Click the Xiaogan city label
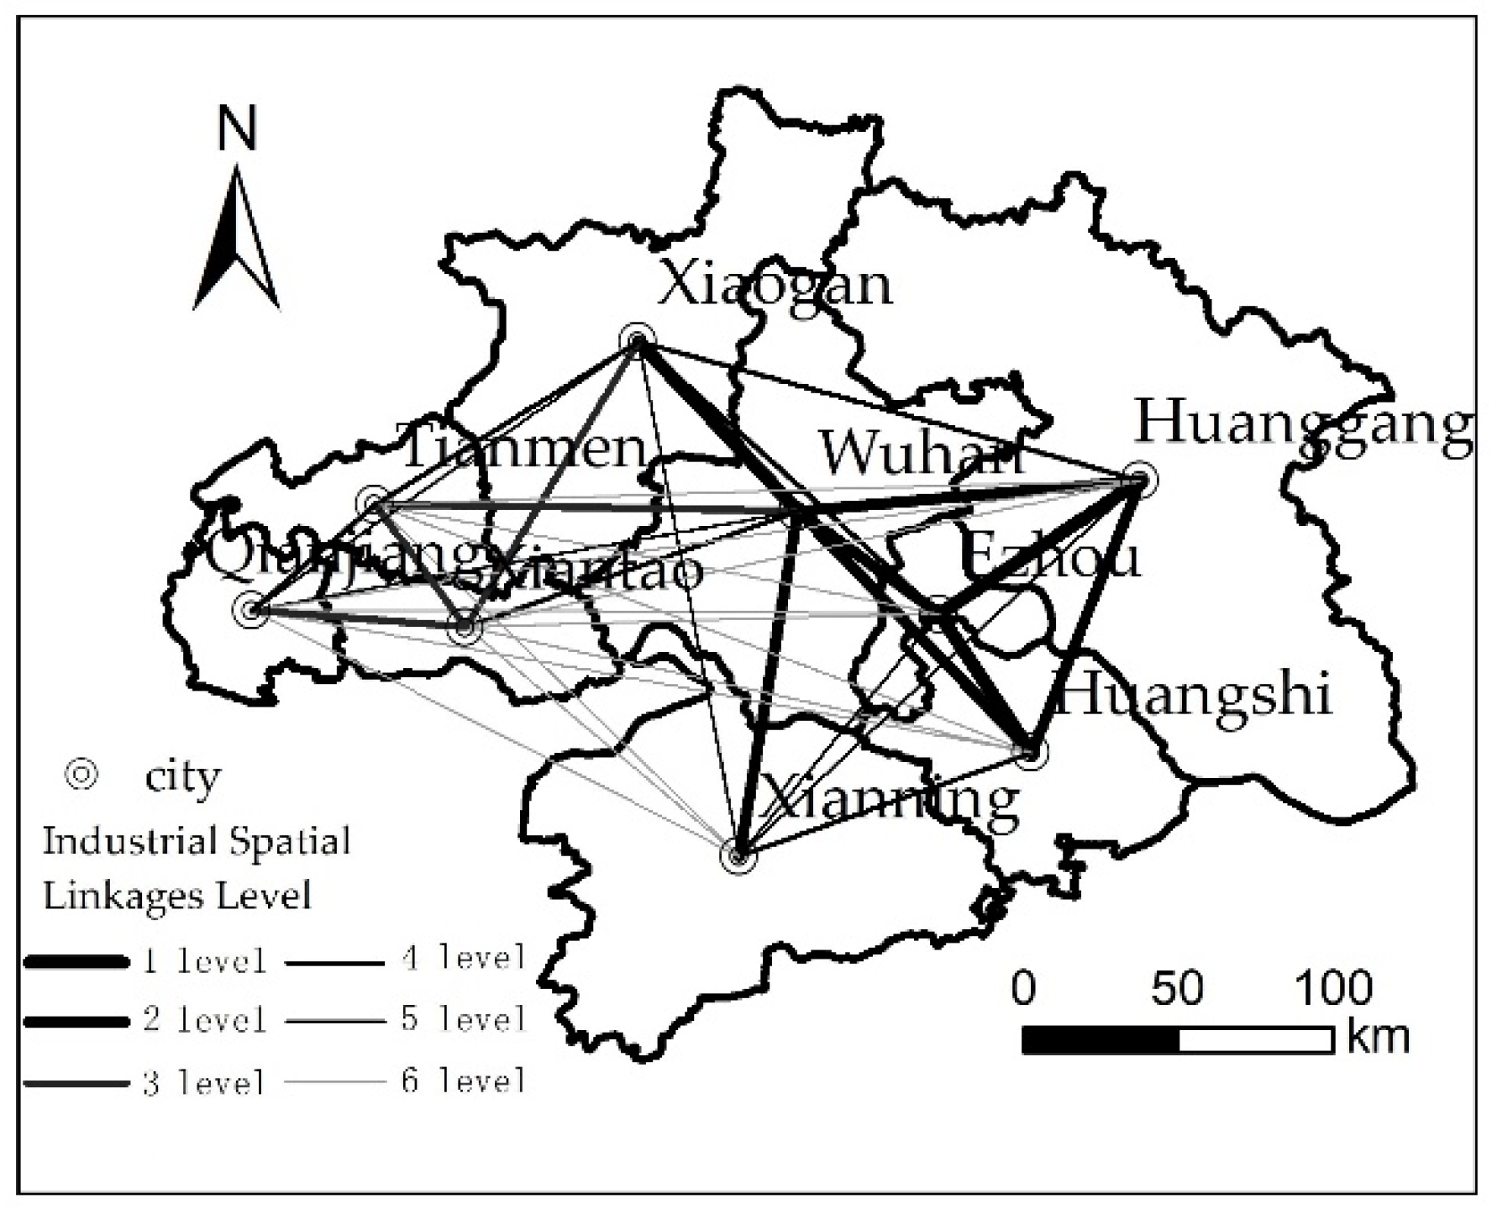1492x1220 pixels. (x=774, y=285)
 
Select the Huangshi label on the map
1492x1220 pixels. (x=1191, y=697)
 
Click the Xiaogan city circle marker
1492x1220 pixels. (x=636, y=340)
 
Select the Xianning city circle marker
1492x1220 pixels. (x=738, y=856)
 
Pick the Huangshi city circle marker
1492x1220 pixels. (x=1032, y=752)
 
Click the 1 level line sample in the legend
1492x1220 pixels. (x=77, y=961)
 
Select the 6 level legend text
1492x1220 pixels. (x=463, y=1081)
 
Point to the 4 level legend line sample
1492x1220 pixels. (x=334, y=962)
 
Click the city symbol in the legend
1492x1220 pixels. (x=81, y=775)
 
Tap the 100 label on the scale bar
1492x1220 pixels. (x=1332, y=988)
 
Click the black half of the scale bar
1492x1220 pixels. (x=1101, y=1039)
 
